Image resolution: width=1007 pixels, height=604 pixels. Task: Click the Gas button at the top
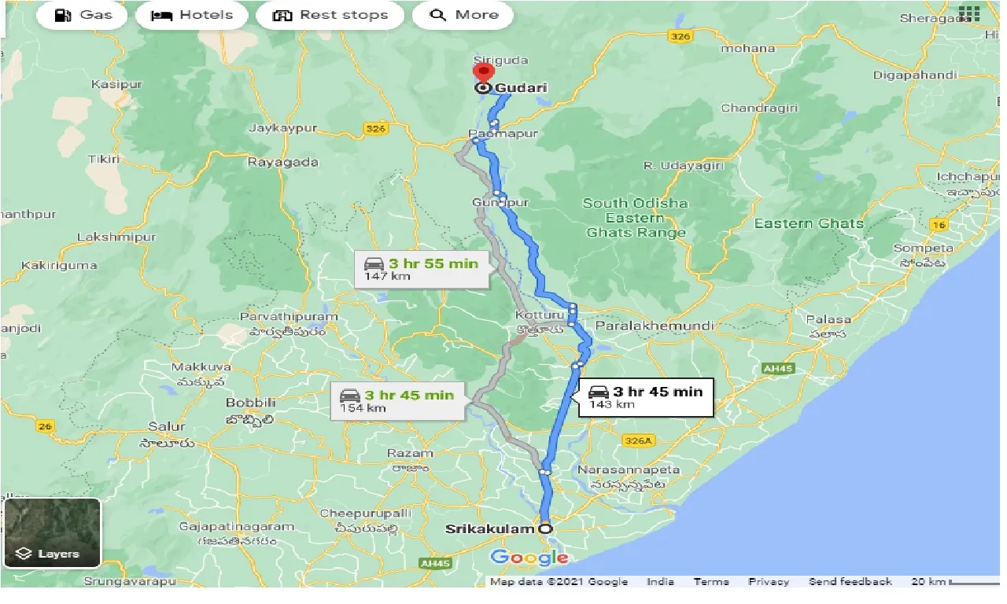click(x=82, y=15)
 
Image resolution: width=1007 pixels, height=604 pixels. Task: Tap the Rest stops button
click(x=330, y=15)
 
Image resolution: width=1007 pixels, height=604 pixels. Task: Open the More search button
click(x=463, y=15)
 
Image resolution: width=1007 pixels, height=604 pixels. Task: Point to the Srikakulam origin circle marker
click(x=544, y=528)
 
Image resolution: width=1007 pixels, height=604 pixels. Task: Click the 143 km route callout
click(x=645, y=397)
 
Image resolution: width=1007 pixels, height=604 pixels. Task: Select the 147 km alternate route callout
click(x=422, y=269)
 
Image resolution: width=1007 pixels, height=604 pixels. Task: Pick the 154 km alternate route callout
click(x=398, y=400)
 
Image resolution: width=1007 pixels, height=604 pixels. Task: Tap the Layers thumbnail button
click(x=53, y=532)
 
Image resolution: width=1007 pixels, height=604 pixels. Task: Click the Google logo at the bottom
click(x=529, y=558)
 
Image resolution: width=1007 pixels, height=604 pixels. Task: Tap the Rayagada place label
click(x=282, y=162)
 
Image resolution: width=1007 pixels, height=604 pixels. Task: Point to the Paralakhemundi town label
click(x=655, y=325)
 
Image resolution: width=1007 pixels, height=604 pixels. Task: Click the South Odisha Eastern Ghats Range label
click(x=635, y=218)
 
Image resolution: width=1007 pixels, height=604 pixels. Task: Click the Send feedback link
click(x=850, y=582)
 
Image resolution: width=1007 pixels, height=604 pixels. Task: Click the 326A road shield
click(x=637, y=441)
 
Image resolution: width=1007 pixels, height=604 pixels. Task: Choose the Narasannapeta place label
click(x=628, y=470)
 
